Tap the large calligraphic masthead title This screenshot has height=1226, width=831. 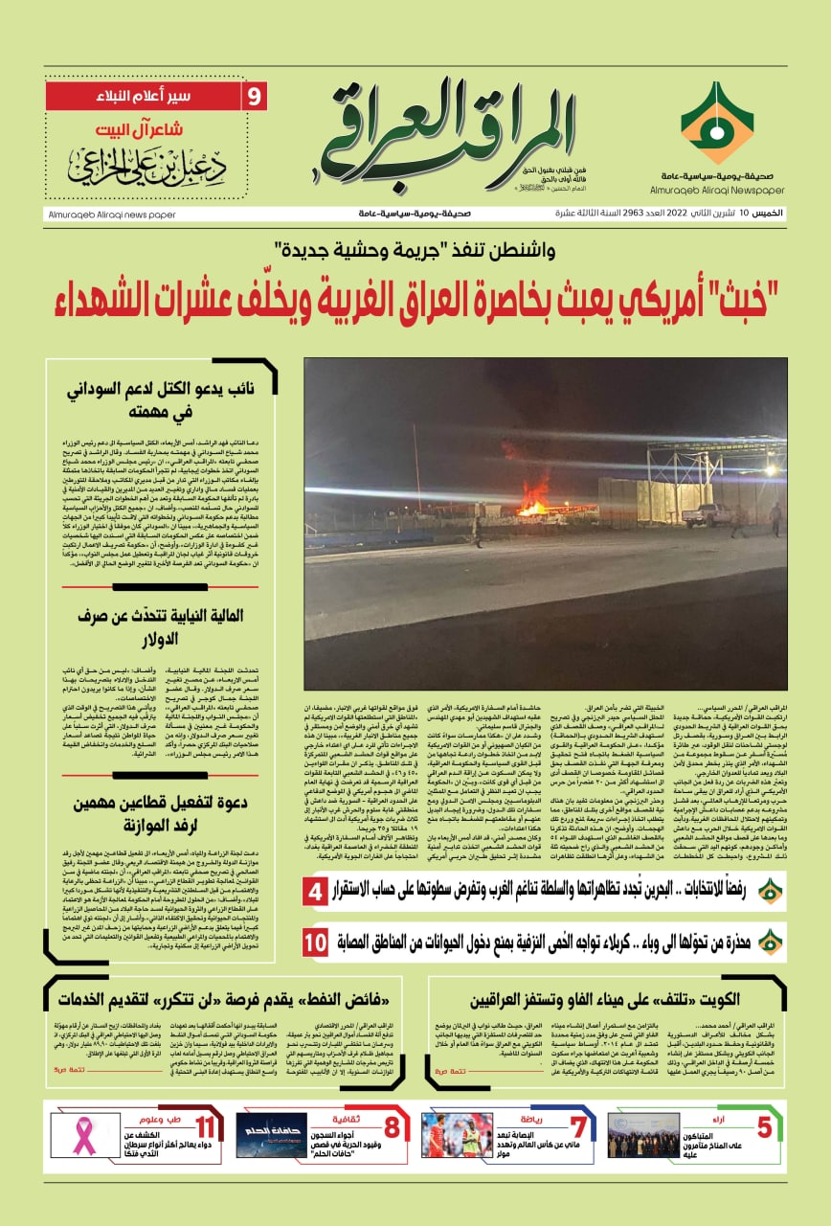pos(450,134)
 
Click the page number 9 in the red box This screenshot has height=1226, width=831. pos(255,97)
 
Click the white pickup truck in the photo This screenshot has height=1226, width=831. pos(706,514)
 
